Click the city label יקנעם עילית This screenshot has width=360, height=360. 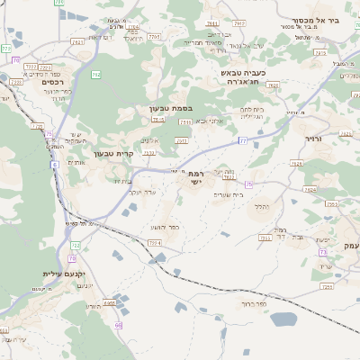pos(62,273)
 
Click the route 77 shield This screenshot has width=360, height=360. pos(242,141)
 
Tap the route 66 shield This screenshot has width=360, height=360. pos(119,324)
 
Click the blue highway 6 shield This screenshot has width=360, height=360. pos(55,165)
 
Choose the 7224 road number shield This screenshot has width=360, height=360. pos(155,242)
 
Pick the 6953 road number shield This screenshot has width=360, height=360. pos(109,303)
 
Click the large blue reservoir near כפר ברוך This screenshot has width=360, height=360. pos(283,319)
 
